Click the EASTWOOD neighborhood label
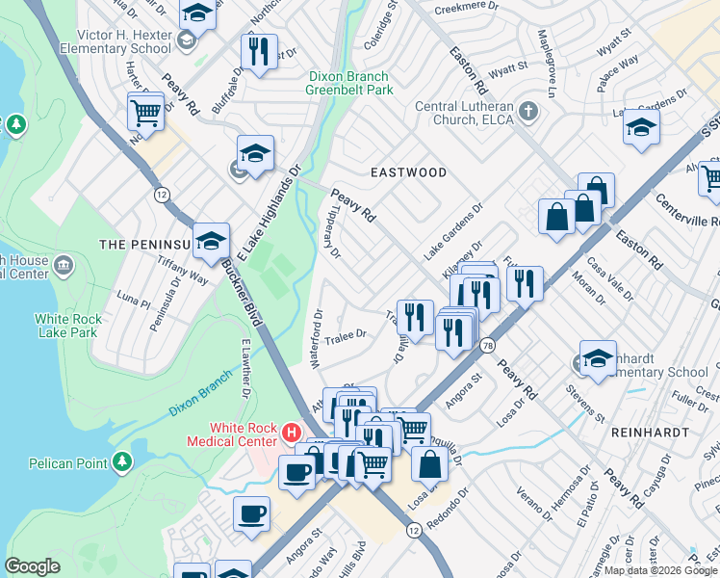click(409, 172)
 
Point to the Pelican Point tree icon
click(121, 462)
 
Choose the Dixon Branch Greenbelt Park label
click(349, 83)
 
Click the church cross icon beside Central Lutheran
click(527, 113)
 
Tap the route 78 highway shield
click(489, 345)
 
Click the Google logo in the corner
click(32, 566)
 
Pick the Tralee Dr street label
click(348, 335)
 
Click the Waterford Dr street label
click(316, 338)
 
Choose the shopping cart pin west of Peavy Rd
click(145, 111)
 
